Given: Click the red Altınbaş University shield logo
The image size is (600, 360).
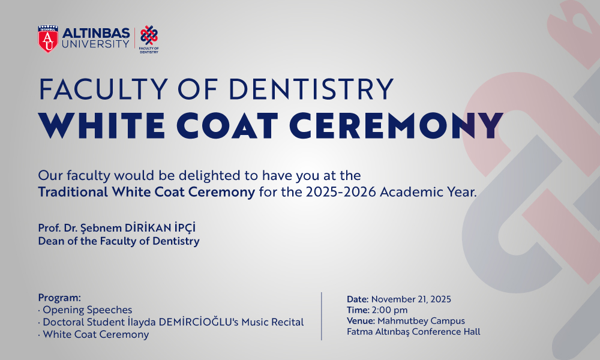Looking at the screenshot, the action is tap(48, 39).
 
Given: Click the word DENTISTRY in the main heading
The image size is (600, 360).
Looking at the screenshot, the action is tap(311, 89).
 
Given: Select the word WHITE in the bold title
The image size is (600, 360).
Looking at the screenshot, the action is tap(102, 126).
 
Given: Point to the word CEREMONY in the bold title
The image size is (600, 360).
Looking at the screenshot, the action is tap(396, 126).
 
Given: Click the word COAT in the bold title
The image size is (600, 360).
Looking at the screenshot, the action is tap(227, 126).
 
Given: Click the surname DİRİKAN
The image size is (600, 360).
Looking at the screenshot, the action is tap(148, 227).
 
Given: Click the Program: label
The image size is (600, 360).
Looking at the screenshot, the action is tap(59, 298).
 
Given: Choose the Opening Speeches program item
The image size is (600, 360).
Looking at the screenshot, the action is tap(87, 310).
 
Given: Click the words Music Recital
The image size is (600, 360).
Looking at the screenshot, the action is tap(272, 322).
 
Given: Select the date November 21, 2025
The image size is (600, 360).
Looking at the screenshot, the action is tap(411, 299).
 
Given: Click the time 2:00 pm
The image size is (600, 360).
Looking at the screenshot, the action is tap(389, 310).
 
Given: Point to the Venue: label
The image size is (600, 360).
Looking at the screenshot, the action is tap(361, 320).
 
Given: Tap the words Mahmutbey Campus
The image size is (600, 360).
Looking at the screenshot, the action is tap(421, 321).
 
